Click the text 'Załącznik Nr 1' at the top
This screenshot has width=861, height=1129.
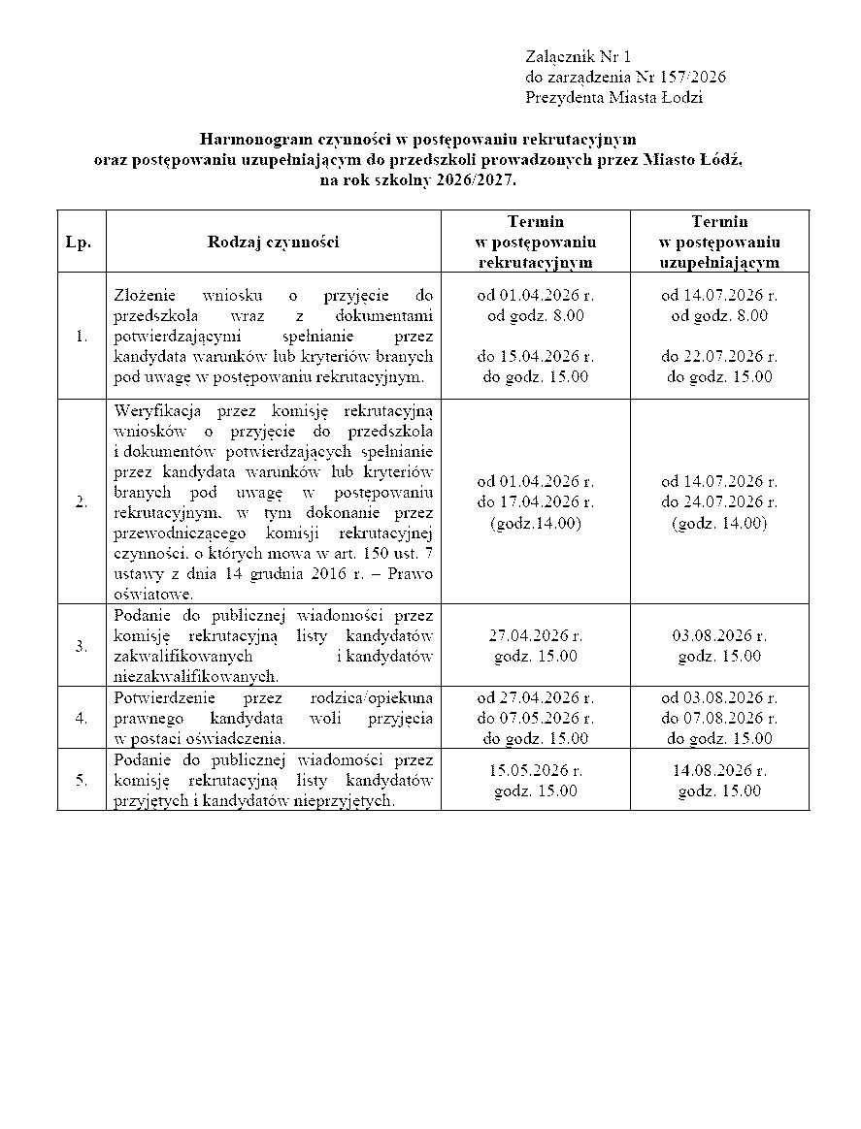click(x=579, y=57)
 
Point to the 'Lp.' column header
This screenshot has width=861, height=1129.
click(x=79, y=242)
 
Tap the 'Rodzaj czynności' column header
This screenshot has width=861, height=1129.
click(x=273, y=242)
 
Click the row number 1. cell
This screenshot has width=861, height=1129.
click(x=81, y=337)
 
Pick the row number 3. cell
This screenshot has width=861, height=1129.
click(x=81, y=646)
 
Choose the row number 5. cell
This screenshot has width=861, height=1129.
click(x=81, y=779)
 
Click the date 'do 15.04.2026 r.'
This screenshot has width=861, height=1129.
click(x=535, y=357)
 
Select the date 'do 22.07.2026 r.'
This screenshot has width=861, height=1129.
click(x=719, y=357)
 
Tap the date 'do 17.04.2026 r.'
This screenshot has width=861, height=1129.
click(x=535, y=501)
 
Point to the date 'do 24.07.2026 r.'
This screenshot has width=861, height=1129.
click(x=719, y=501)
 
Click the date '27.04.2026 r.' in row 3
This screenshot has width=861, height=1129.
click(x=535, y=636)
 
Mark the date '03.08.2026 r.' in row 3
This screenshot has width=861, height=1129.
click(x=719, y=636)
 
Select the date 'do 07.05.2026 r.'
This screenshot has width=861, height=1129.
click(x=535, y=718)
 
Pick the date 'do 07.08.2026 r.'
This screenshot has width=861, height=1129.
click(x=719, y=718)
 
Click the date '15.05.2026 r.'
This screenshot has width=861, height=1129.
click(x=535, y=771)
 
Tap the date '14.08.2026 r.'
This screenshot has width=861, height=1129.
click(x=719, y=771)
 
